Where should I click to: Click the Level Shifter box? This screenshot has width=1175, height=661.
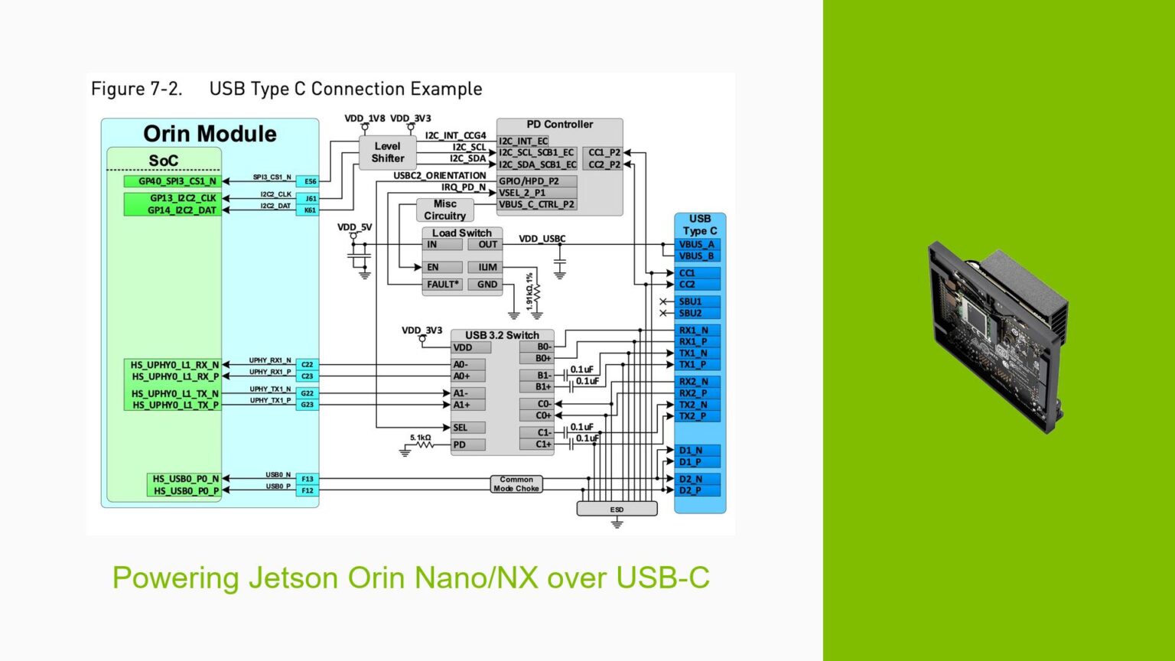point(387,152)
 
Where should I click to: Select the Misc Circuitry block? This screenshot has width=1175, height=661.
point(444,210)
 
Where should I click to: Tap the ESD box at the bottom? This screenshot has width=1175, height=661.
point(617,510)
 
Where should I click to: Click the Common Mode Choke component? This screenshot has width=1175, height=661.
point(516,484)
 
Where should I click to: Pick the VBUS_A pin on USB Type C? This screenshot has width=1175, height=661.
point(697,245)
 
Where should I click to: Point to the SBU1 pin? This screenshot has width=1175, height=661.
point(691,301)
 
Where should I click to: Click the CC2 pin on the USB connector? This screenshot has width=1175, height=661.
point(687,285)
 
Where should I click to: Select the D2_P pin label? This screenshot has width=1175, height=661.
point(691,490)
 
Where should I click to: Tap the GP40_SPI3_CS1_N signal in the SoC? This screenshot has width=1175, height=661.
point(173,181)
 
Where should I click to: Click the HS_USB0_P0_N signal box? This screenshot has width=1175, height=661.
point(184,479)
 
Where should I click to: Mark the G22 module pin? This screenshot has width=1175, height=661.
point(307,393)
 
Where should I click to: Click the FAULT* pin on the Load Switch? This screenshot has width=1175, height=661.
point(443,285)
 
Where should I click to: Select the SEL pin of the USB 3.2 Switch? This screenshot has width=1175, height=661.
point(460,428)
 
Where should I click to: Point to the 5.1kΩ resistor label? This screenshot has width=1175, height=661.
point(420,438)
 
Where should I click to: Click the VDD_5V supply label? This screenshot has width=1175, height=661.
point(354,227)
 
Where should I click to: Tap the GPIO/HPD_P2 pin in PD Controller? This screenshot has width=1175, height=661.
point(529,181)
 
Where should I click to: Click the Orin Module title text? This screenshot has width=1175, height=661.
point(210,134)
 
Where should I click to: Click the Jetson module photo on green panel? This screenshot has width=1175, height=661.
point(998,337)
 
